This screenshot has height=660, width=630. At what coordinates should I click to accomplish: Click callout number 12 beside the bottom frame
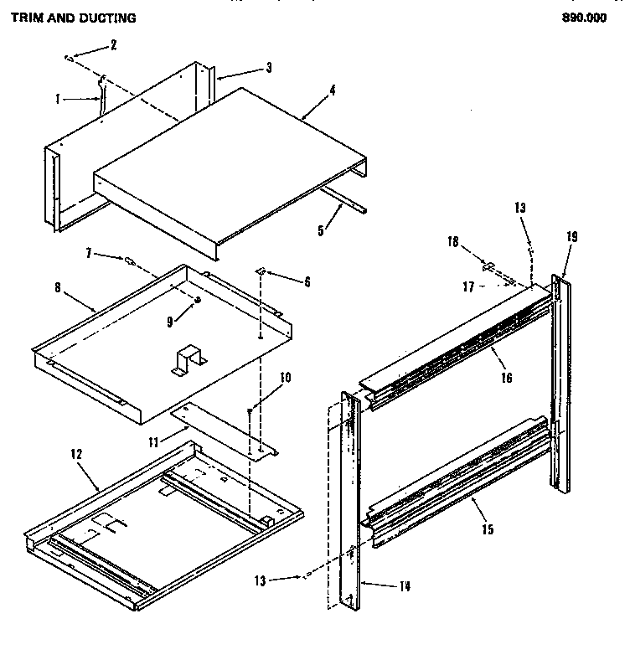[x=75, y=453]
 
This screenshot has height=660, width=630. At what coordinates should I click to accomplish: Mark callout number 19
[x=571, y=236]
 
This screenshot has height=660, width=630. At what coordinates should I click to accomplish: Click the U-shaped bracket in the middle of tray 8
[x=186, y=360]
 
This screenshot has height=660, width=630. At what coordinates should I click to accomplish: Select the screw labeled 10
[x=250, y=410]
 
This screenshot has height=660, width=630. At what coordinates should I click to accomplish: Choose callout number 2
[x=114, y=44]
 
